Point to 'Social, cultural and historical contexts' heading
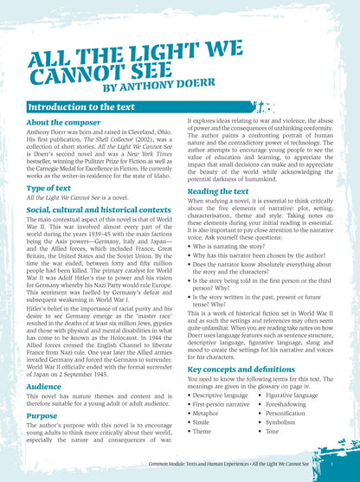coord(98,210)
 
